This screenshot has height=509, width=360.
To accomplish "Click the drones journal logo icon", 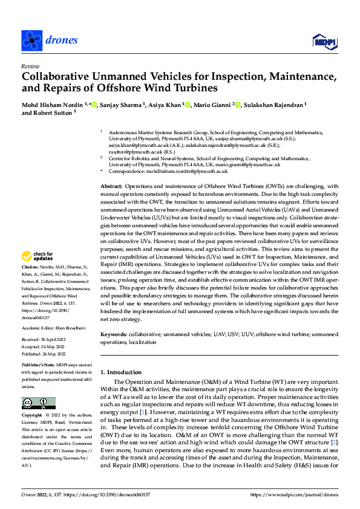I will (31, 40).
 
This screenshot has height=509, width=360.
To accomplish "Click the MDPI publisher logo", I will (323, 41).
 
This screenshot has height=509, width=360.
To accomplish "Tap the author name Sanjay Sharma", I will (123, 105).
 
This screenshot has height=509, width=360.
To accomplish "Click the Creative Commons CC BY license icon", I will (38, 403).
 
